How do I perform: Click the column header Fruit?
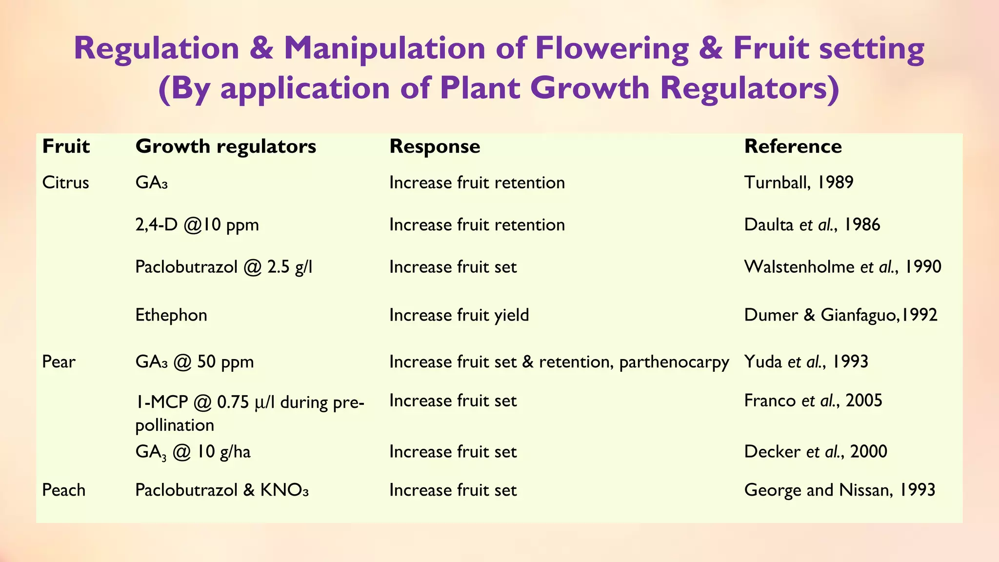[x=66, y=146]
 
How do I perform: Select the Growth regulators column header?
[x=225, y=146]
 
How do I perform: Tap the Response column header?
[x=435, y=146]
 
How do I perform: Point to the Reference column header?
[x=793, y=146]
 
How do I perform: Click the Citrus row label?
[x=65, y=182]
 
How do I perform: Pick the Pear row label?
[x=59, y=362]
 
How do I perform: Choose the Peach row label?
[x=63, y=490]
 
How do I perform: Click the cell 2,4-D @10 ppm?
[x=197, y=225]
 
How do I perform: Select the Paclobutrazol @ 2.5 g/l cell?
[x=223, y=267]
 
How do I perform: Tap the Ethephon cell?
[x=171, y=315]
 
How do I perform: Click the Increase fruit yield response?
[x=459, y=315]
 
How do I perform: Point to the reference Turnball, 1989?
[x=799, y=182]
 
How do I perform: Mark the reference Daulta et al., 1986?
[x=812, y=225]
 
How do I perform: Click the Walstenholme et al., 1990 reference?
[x=842, y=267]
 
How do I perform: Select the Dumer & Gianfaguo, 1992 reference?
[x=840, y=315]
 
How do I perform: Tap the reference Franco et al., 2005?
[x=813, y=401]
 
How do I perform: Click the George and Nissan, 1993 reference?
[x=839, y=490]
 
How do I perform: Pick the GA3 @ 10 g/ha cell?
[x=193, y=452]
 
